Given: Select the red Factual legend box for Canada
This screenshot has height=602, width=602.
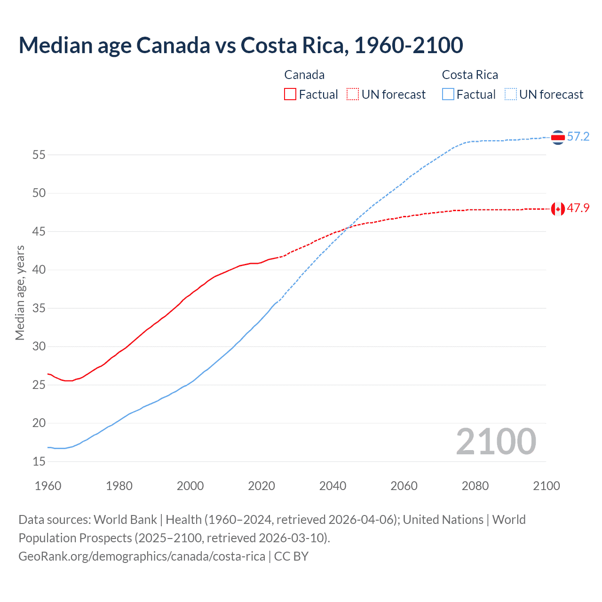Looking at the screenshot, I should coord(290,94).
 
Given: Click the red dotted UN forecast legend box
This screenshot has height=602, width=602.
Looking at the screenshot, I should coord(353,94).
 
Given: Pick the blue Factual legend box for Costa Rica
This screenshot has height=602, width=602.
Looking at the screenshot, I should coord(448,94).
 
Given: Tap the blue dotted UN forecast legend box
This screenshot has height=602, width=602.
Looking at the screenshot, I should coord(510,94).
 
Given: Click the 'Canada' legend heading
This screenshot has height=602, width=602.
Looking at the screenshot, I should coord(304,75).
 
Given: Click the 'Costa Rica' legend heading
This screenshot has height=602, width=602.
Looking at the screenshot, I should coord(470,75).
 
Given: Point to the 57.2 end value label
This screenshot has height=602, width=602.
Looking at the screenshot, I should coord(578,137).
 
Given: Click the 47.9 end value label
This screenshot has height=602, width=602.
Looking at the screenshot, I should coord(578,208).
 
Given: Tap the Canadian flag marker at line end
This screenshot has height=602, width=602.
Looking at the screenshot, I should coord(558,209).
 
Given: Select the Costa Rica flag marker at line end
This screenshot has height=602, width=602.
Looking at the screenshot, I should coord(558,137).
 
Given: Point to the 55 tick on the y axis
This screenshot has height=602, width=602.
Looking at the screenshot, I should coord(39,155).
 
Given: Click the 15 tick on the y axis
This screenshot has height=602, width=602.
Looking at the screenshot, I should coord(39,461).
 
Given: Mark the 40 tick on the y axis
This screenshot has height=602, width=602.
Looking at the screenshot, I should coord(39,270).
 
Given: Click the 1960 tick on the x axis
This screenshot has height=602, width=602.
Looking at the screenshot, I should coord(48,486).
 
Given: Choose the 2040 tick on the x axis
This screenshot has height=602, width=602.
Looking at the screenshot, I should coord(333,486).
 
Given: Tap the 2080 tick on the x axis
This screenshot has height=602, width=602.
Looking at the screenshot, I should coord(475,486).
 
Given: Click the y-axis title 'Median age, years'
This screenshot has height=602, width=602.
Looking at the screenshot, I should coord(20,293).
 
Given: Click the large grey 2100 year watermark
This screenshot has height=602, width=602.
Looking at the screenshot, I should coord(496,441).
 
